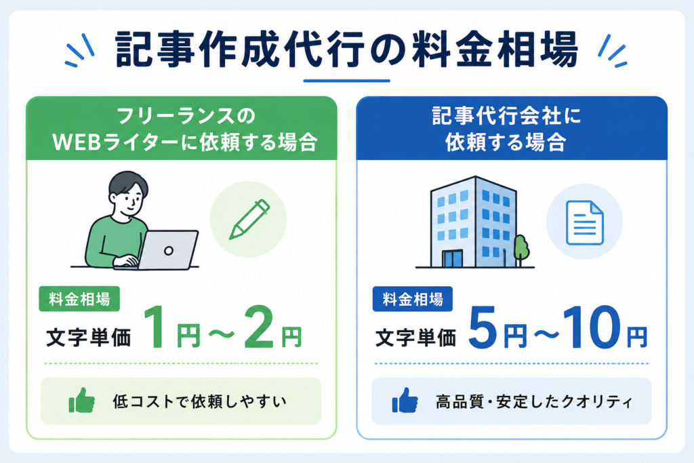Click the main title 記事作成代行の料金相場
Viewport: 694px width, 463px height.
point(346,49)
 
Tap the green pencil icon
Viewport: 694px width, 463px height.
point(249,220)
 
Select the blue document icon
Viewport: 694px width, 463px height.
point(585,222)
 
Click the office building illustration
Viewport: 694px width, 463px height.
point(473,222)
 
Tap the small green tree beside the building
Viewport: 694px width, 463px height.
point(521,249)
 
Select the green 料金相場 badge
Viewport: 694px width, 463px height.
point(79,299)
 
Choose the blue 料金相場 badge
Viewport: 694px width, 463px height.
point(413,299)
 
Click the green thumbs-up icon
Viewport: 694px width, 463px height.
point(82,401)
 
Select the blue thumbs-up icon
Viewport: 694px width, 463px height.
point(405,401)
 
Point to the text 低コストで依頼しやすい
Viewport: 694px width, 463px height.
point(200,401)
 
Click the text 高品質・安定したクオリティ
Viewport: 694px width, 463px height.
point(534,402)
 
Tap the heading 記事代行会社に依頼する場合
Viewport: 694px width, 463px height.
point(506,129)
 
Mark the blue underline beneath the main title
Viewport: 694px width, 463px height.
point(346,81)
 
